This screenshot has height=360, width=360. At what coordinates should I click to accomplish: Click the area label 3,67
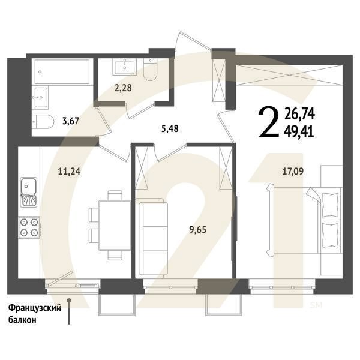click(x=70, y=119)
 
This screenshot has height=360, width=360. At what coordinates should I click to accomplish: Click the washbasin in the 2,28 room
click(x=128, y=65)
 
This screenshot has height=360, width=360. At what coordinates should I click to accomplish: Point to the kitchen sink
click(x=28, y=190)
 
